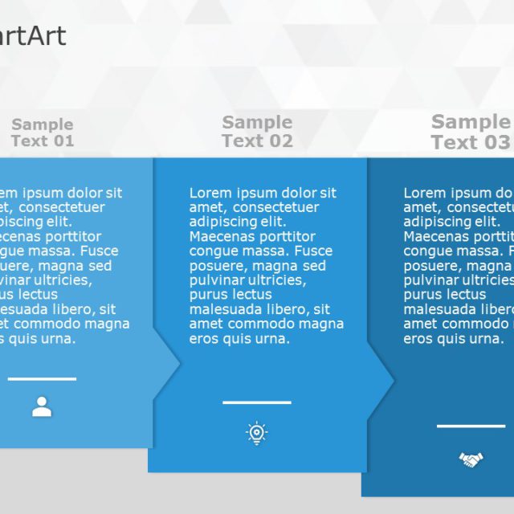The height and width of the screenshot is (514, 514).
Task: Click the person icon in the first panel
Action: coord(42,407)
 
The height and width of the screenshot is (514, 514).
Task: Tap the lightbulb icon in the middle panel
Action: coord(257,434)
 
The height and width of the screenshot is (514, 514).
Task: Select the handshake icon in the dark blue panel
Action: coord(471,459)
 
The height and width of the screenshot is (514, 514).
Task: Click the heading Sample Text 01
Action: coord(43,133)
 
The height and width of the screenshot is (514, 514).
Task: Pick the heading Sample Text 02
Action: coord(257,132)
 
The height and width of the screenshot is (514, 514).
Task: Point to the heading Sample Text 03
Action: coord(471,132)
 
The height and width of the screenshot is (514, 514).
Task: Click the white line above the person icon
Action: coord(42,379)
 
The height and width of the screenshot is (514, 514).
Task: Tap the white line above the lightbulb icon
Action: coord(257,402)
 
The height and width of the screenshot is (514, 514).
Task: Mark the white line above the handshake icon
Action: coord(471,426)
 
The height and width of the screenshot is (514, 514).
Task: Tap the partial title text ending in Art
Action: coord(34,36)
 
